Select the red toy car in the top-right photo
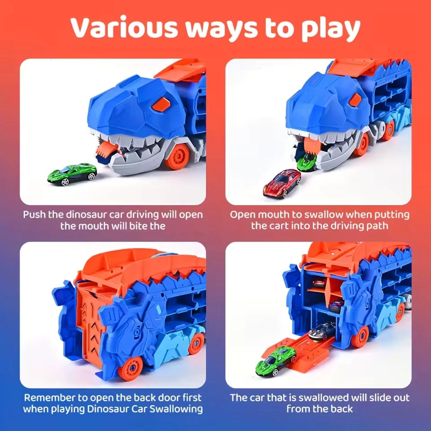[281, 183]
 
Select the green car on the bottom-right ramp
[279, 359]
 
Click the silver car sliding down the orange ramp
[324, 329]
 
